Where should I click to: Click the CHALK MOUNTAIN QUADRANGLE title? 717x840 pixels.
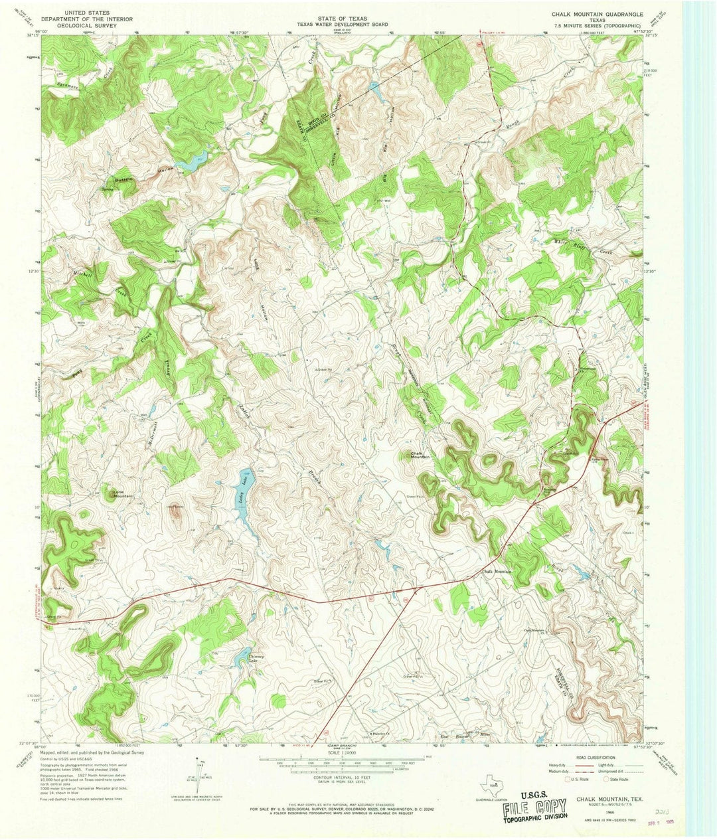[x=595, y=13]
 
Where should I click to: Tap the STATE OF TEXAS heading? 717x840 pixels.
[x=343, y=13]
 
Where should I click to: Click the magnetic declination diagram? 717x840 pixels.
[x=197, y=770]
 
